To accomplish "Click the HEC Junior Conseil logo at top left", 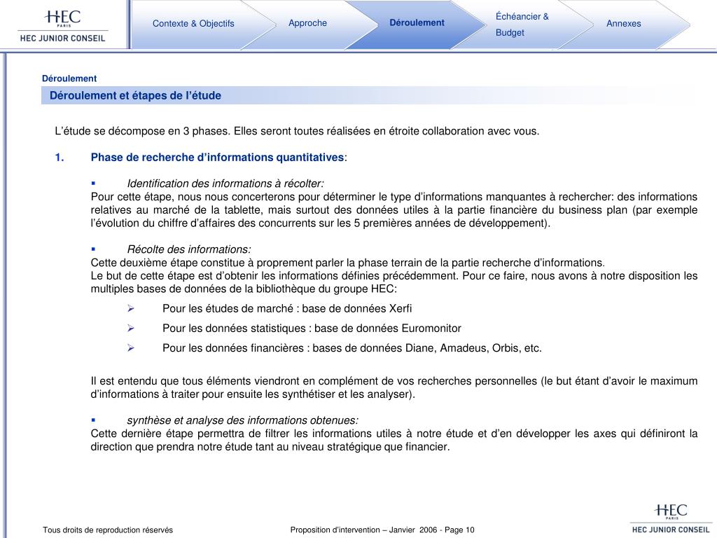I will (x=62, y=25).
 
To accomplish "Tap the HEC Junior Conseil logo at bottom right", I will (x=670, y=519).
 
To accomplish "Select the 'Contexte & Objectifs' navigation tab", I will (x=193, y=24).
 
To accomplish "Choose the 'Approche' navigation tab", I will (x=307, y=23).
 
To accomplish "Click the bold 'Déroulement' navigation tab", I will (x=417, y=23).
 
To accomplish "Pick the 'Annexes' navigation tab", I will (x=623, y=24).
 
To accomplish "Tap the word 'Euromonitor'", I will (x=431, y=328).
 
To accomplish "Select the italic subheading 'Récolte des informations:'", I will (x=189, y=249).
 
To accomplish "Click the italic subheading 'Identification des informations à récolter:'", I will (x=225, y=183).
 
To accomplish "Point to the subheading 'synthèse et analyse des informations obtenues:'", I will (x=242, y=420).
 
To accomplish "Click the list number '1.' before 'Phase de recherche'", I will (x=60, y=157).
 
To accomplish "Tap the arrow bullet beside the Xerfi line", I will (x=130, y=308).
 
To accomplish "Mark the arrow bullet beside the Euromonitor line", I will (x=130, y=328).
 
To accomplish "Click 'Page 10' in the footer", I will (x=459, y=530).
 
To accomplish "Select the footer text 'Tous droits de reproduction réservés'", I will (x=108, y=530).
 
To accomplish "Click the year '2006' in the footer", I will (x=429, y=530).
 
